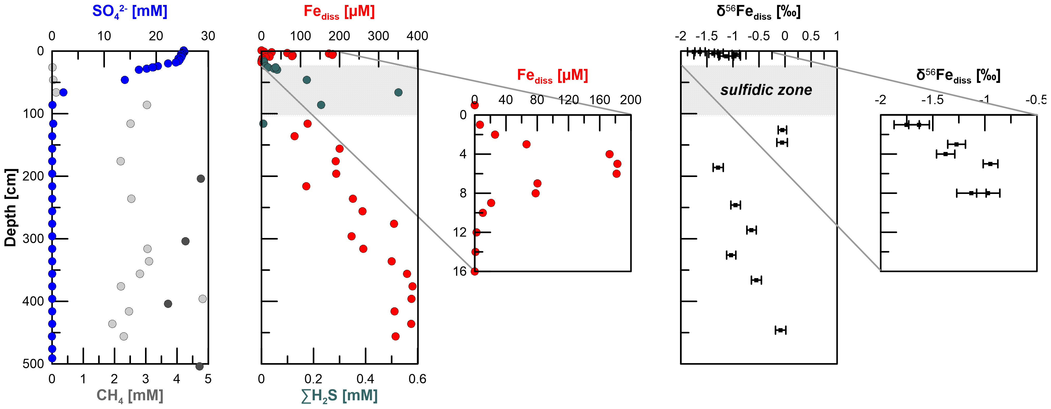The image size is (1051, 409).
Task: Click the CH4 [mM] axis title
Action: pyautogui.click(x=130, y=395)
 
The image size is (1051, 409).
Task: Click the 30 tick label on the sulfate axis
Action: pyautogui.click(x=208, y=36)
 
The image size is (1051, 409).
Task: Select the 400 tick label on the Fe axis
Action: pyautogui.click(x=417, y=36)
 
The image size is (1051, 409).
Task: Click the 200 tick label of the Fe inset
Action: pyautogui.click(x=630, y=100)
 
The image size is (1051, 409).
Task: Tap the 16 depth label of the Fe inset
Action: pyautogui.click(x=460, y=271)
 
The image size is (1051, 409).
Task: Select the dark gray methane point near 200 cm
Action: pyautogui.click(x=201, y=179)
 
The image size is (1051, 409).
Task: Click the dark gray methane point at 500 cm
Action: pyautogui.click(x=199, y=366)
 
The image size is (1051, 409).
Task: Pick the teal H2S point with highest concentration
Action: pyautogui.click(x=398, y=92)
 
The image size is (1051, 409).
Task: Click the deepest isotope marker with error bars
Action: pyautogui.click(x=781, y=330)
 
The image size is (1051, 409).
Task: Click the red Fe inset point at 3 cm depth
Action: pyautogui.click(x=526, y=144)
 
